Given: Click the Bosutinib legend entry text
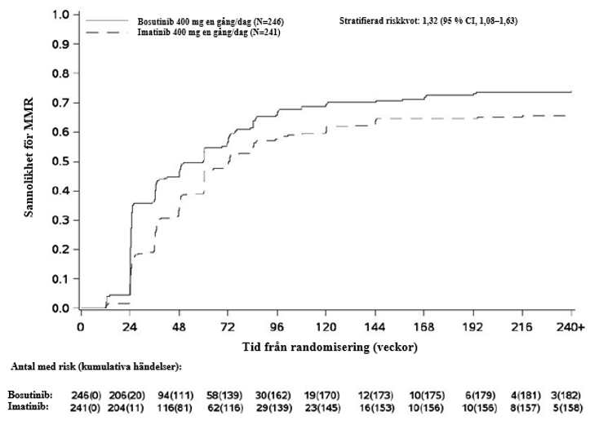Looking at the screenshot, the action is click(211, 21).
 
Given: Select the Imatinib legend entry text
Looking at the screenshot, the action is click(209, 33).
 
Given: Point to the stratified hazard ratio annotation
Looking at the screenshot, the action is click(428, 20).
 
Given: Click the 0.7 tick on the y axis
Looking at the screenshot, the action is click(61, 103).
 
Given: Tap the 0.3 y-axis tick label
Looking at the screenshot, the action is click(61, 220).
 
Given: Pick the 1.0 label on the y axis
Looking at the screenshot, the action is click(61, 15).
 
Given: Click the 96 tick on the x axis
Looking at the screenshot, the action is click(277, 327).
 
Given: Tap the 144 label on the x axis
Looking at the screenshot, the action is click(375, 327).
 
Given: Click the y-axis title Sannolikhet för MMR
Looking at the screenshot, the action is click(29, 157).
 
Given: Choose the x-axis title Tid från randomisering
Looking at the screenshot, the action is click(330, 348).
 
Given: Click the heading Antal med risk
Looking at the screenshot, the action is click(96, 367).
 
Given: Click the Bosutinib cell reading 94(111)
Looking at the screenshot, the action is click(175, 395).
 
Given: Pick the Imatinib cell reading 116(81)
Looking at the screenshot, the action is click(175, 408).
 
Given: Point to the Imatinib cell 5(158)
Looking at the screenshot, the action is click(568, 408).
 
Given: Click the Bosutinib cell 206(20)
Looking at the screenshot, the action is click(127, 395).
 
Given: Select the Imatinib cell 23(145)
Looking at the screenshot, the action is click(322, 408).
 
